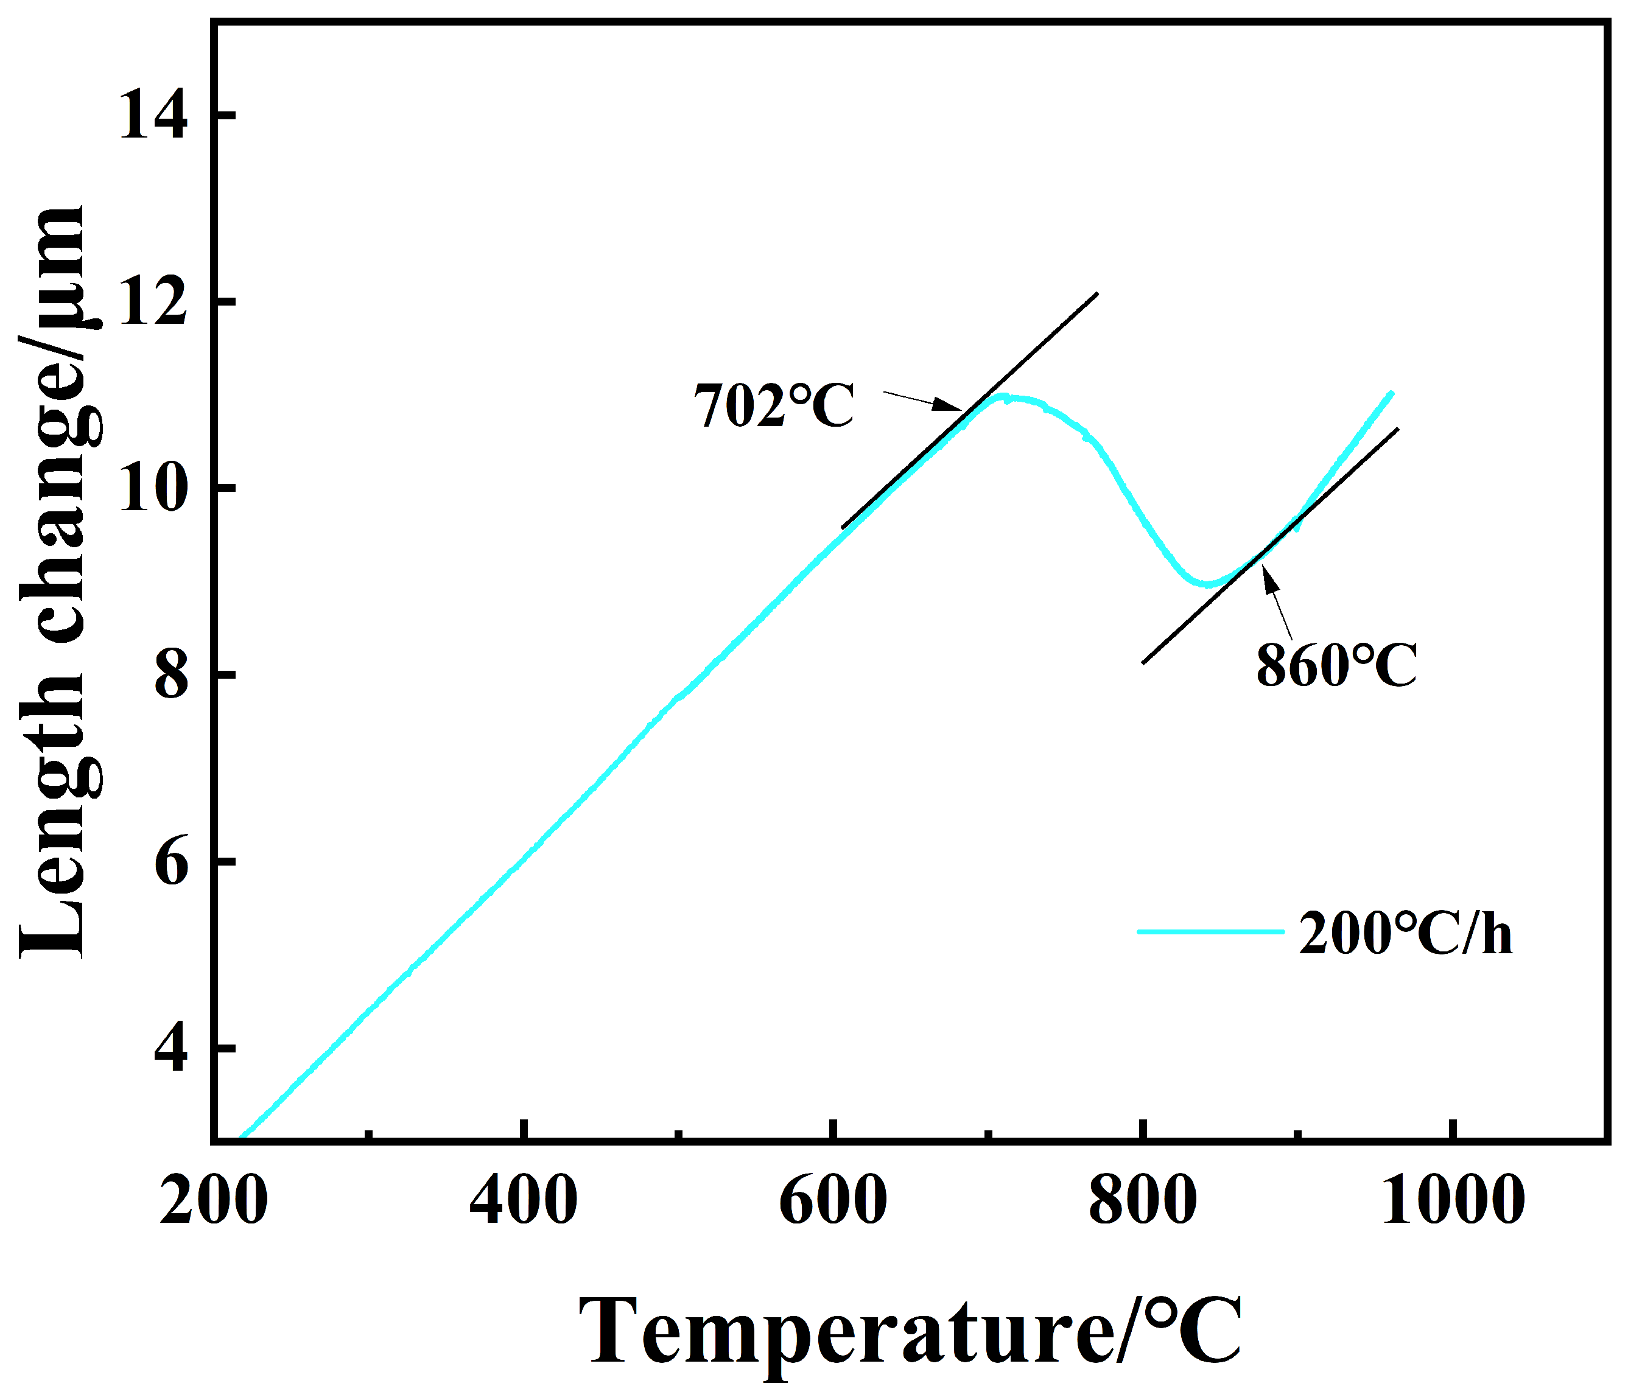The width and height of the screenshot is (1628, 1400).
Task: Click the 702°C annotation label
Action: [x=773, y=406]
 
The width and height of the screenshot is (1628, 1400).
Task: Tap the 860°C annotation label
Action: [x=1336, y=665]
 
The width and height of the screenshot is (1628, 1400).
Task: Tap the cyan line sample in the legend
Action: [x=1210, y=932]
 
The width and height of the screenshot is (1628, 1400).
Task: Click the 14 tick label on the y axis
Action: [x=153, y=116]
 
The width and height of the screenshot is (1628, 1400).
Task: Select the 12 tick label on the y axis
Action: [x=153, y=303]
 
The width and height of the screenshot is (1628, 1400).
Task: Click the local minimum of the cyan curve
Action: [x=1207, y=584]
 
